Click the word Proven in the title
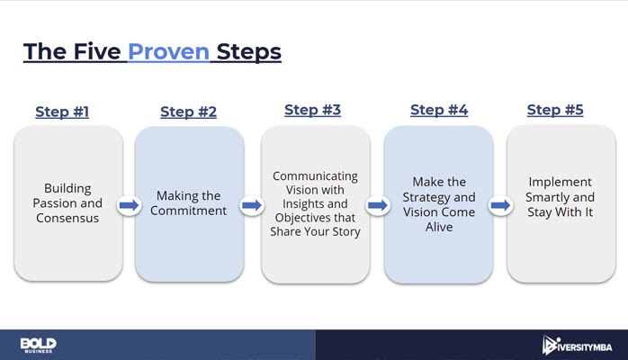pos(168,51)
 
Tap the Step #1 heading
pos(62,112)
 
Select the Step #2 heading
pos(188,112)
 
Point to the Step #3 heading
pos(312,110)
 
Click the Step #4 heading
pos(439,110)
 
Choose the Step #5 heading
pos(555,110)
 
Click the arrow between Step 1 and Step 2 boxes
pos(129,205)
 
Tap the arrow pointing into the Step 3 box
pos(252,205)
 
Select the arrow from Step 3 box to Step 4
pos(378,205)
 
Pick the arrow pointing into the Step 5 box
pos(500,205)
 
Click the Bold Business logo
pos(39,346)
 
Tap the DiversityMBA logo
pos(577,346)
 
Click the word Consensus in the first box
pos(67,218)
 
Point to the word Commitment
pos(188,211)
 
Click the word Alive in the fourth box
pos(439,227)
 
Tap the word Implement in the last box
pos(560,182)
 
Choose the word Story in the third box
pos(346,232)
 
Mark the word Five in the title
pos(97,51)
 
